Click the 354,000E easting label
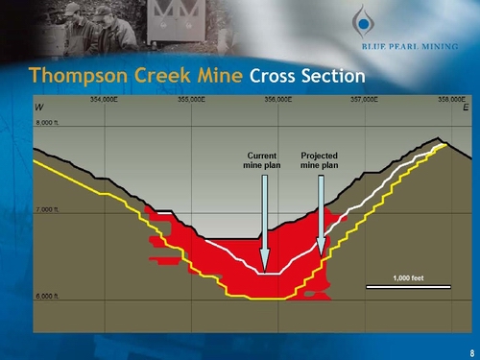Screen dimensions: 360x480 [x=105, y=100]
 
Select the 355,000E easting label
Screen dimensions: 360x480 [x=191, y=100]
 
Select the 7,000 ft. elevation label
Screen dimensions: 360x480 [x=48, y=209]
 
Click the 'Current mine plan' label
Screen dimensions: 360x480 [x=262, y=160]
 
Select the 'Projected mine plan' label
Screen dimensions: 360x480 [x=320, y=160]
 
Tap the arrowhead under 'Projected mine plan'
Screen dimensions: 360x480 [x=322, y=257]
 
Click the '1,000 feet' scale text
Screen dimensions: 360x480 [x=408, y=278]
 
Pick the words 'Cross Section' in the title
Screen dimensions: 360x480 [x=307, y=75]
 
